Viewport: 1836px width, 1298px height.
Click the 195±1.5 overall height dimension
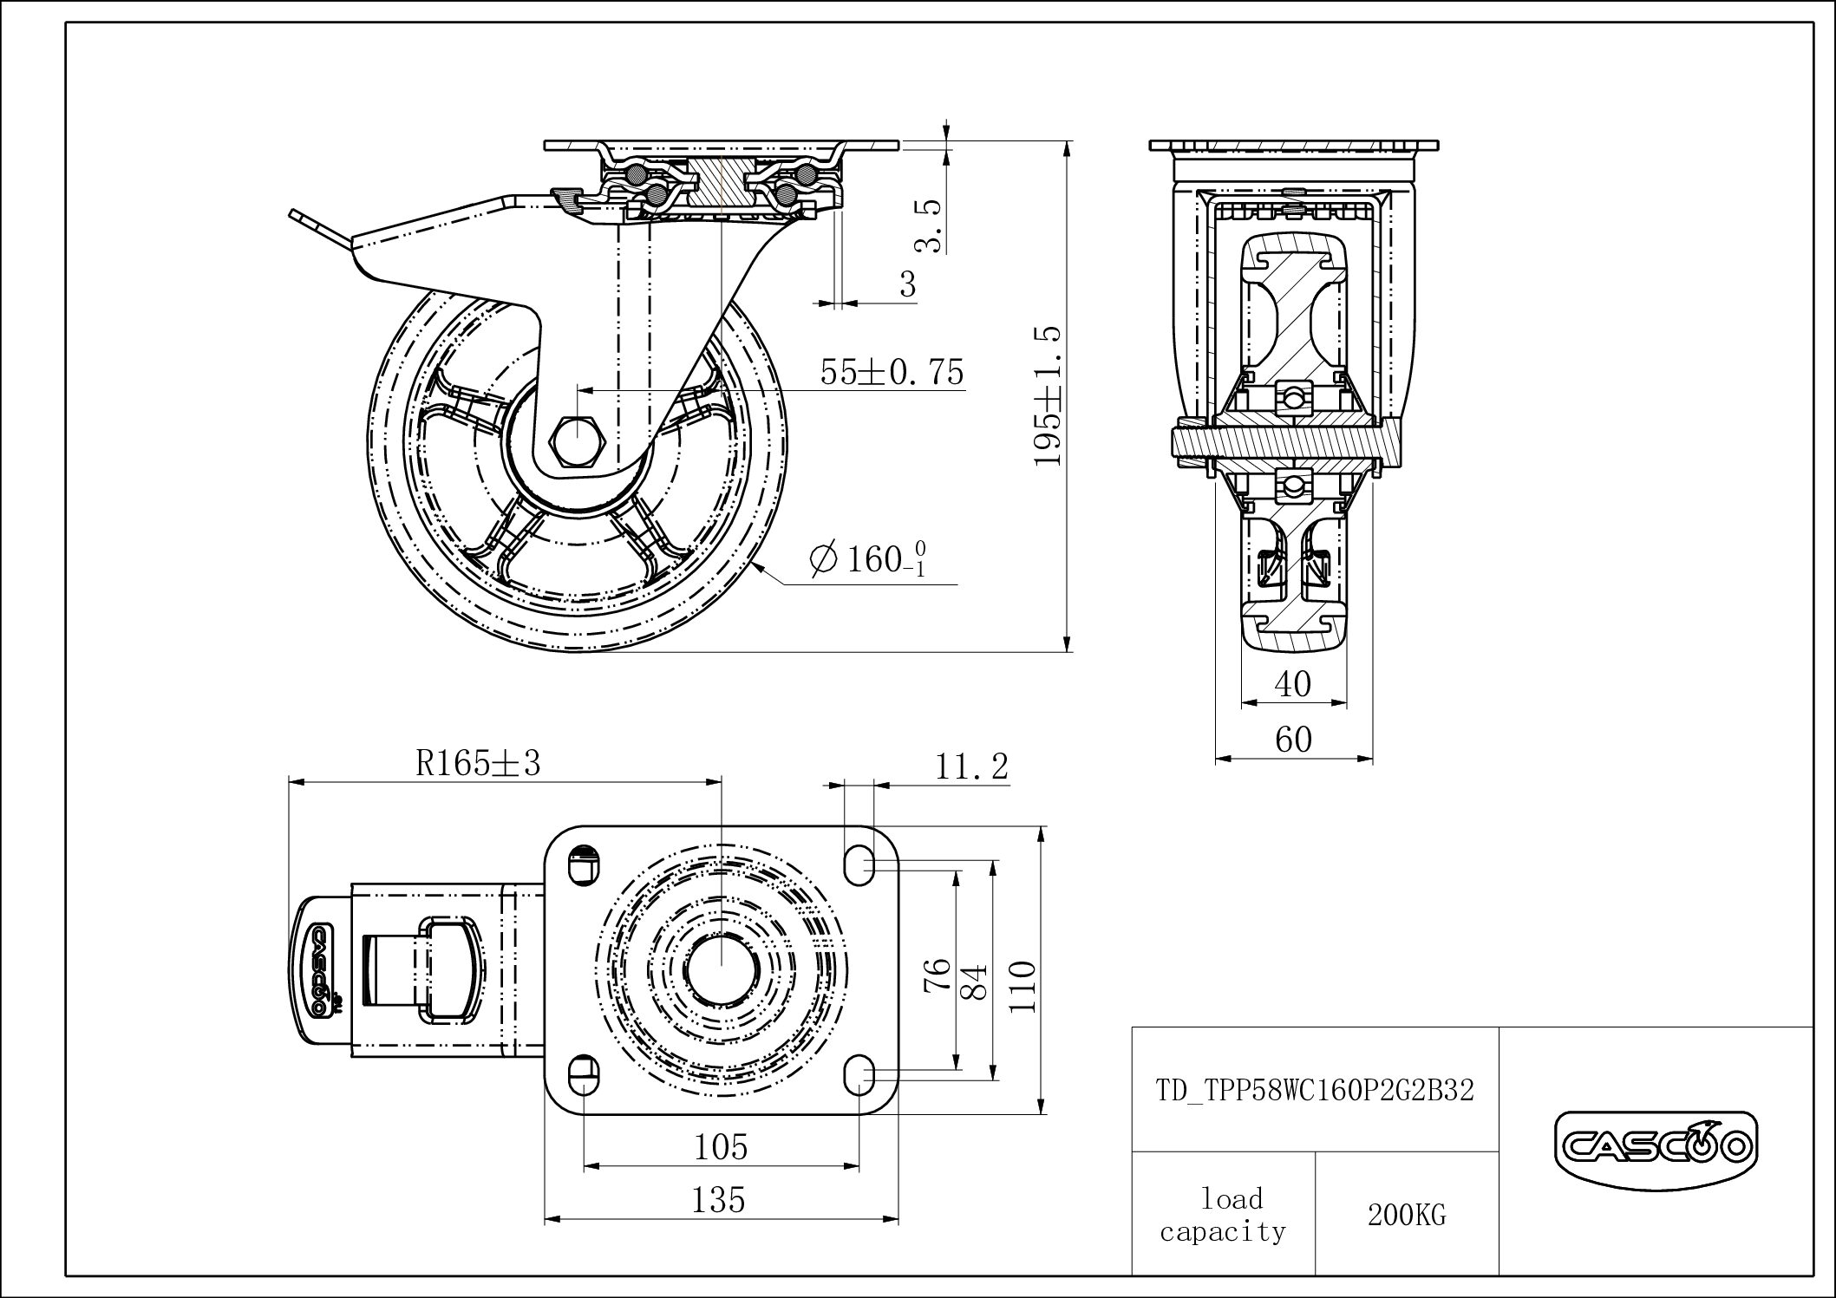coord(1049,395)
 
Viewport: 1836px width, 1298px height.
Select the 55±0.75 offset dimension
coord(892,372)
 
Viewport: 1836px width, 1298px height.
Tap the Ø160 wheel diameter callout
coord(868,558)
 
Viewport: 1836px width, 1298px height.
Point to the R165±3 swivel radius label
coord(478,763)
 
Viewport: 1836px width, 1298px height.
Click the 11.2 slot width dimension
coord(971,766)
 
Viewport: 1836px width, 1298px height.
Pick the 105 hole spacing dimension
coord(721,1147)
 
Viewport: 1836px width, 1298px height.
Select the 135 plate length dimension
coord(719,1200)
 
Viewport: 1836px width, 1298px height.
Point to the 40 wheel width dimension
coord(1292,684)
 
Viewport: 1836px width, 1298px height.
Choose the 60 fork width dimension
coord(1293,739)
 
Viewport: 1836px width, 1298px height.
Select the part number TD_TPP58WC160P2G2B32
coord(1315,1090)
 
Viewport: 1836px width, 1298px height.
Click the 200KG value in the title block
coord(1407,1215)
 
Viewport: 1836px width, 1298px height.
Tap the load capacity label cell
coord(1223,1215)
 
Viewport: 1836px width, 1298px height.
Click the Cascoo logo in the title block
coord(1656,1149)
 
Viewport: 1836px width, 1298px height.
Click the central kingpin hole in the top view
coord(721,969)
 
